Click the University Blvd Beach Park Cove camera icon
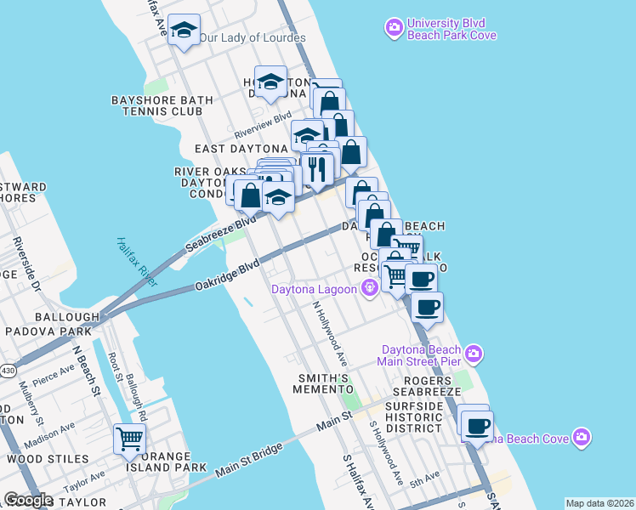pyautogui.click(x=394, y=29)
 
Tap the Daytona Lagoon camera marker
pyautogui.click(x=369, y=289)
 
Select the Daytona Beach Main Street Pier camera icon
pyautogui.click(x=474, y=352)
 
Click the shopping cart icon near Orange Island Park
pyautogui.click(x=129, y=439)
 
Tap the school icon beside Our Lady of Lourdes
pyautogui.click(x=184, y=31)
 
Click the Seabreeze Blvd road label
pyautogui.click(x=220, y=234)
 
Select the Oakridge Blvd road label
pyautogui.click(x=225, y=278)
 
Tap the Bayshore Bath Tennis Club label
pyautogui.click(x=156, y=105)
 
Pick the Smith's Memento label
pyautogui.click(x=322, y=382)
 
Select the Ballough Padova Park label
pyautogui.click(x=53, y=323)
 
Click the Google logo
pyautogui.click(x=27, y=500)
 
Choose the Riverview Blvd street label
pyautogui.click(x=263, y=124)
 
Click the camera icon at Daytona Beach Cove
pyautogui.click(x=582, y=437)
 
